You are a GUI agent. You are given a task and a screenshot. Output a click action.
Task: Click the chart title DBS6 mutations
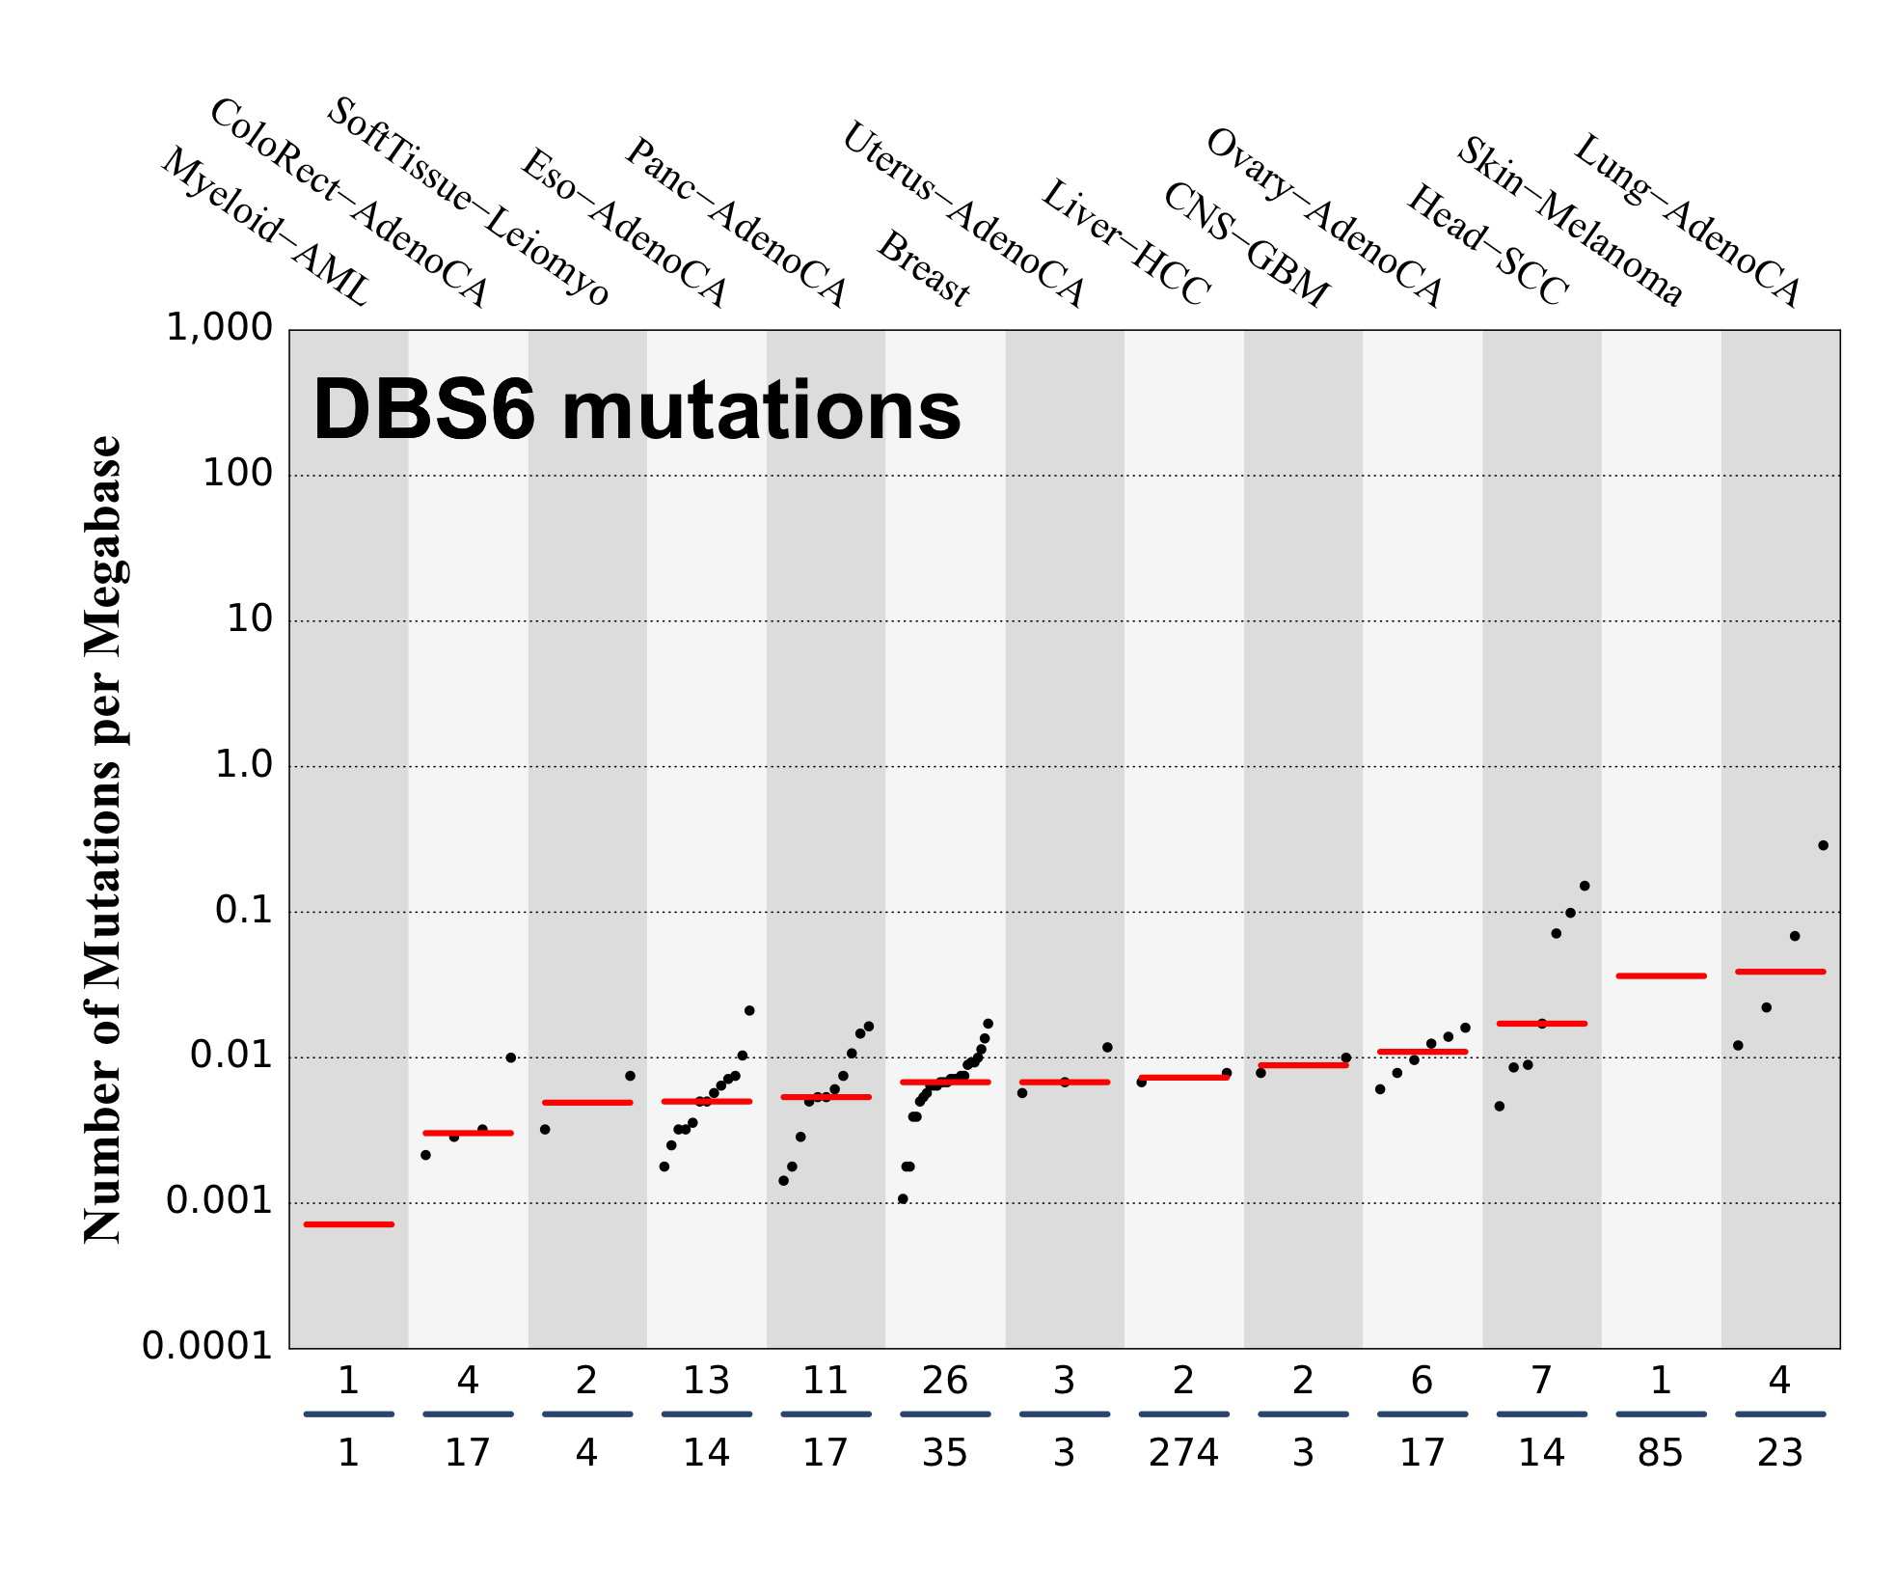point(637,410)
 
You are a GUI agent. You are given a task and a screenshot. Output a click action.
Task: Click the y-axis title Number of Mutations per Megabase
point(102,839)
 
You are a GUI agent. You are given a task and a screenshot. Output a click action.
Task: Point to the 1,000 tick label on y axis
point(220,328)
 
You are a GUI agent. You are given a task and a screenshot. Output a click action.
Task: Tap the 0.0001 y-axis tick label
point(207,1345)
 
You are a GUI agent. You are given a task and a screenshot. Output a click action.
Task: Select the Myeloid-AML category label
point(265,228)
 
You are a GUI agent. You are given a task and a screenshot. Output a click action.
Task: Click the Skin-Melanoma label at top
point(1569,221)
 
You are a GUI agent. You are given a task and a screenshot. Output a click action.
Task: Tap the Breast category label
point(923,269)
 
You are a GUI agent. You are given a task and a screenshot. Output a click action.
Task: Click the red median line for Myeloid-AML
point(348,1224)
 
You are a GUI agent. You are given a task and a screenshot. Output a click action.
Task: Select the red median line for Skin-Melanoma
point(1661,976)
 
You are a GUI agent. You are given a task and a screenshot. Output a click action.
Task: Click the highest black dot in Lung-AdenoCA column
point(1823,845)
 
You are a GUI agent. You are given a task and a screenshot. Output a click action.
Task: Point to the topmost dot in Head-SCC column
point(1584,886)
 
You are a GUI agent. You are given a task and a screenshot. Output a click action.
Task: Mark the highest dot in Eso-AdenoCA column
point(749,1010)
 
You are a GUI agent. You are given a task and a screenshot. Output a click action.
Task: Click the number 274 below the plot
point(1183,1453)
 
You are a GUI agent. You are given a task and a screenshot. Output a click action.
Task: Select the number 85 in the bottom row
point(1660,1453)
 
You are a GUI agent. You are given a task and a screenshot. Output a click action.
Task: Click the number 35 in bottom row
point(944,1453)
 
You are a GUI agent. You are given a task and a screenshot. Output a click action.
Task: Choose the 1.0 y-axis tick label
point(243,765)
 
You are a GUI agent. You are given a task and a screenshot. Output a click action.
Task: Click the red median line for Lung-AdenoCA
point(1779,972)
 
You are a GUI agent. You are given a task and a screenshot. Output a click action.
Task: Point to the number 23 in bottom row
point(1779,1453)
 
